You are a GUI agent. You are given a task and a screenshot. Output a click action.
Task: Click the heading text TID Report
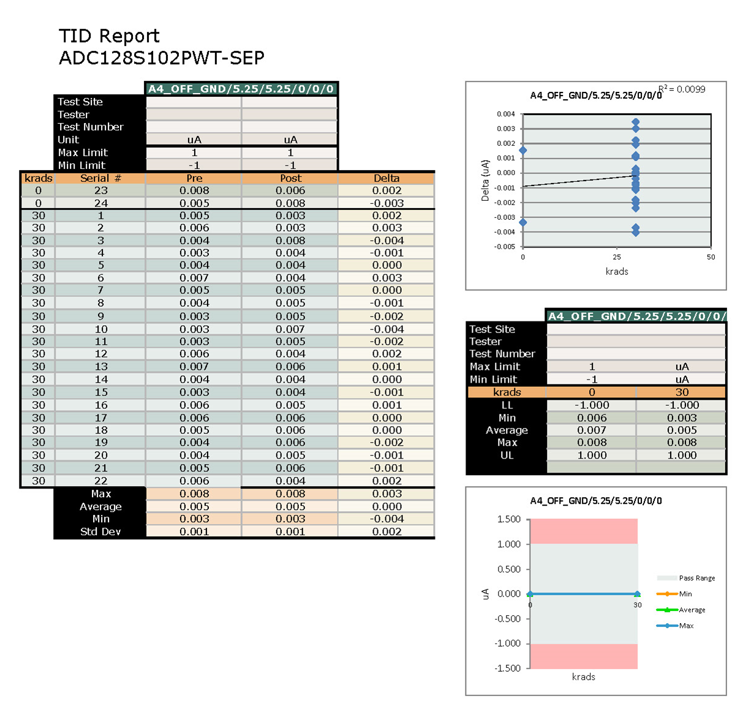[x=109, y=36]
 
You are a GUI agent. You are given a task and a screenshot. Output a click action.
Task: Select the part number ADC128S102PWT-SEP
[x=162, y=58]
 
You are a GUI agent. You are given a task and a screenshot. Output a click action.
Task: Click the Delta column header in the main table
[x=387, y=178]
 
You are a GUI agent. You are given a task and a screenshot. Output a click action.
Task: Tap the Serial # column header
[x=100, y=178]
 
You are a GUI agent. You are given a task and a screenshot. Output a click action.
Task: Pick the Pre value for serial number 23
[x=194, y=190]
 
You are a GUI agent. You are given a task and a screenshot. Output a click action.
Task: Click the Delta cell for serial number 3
[x=387, y=241]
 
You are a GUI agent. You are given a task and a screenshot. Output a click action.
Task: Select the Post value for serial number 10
[x=290, y=329]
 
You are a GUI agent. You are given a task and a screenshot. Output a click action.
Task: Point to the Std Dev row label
[x=100, y=531]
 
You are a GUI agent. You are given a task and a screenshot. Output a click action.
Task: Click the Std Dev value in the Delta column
[x=387, y=531]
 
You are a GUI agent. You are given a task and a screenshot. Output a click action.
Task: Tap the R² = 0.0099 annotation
[x=682, y=89]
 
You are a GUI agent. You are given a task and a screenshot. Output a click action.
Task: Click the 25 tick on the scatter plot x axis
[x=617, y=257]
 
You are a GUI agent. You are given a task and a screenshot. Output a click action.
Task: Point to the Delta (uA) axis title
[x=485, y=181]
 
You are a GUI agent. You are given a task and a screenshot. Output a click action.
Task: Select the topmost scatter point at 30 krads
[x=636, y=122]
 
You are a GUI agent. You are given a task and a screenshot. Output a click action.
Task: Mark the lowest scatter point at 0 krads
[x=522, y=222]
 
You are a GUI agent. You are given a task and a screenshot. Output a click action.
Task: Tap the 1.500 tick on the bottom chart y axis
[x=508, y=519]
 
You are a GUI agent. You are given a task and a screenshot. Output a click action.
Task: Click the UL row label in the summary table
[x=507, y=455]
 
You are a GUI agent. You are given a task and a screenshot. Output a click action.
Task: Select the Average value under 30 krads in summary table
[x=682, y=430]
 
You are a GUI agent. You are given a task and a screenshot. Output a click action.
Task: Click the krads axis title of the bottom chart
[x=583, y=676]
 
